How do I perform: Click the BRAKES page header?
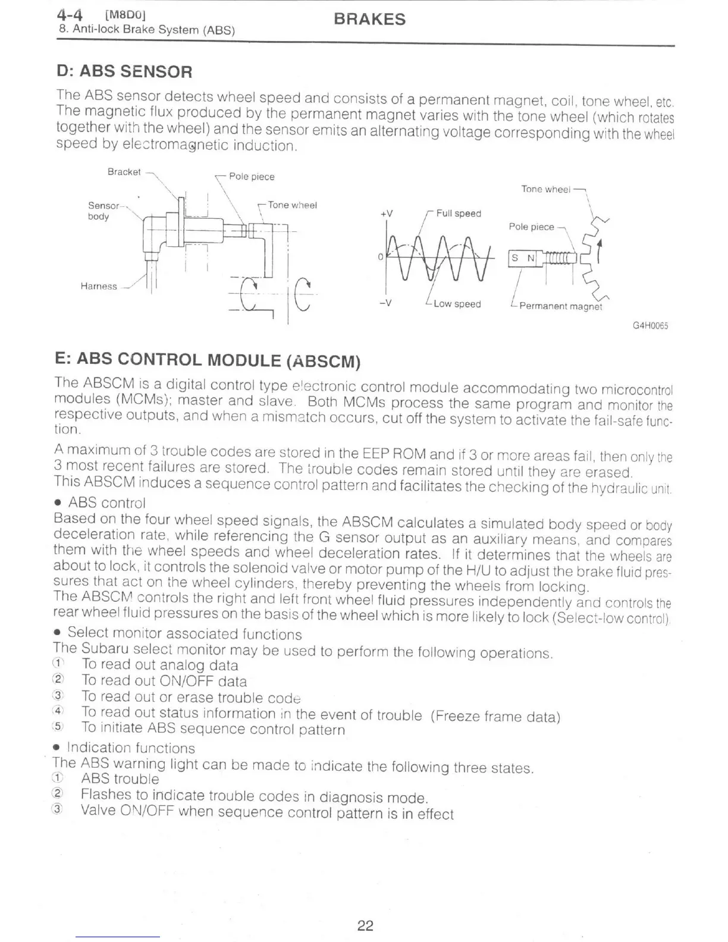tap(369, 19)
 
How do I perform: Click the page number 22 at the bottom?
tap(365, 925)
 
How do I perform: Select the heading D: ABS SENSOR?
tap(124, 72)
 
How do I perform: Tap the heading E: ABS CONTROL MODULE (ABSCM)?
tap(208, 360)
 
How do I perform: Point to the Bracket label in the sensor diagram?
tap(124, 172)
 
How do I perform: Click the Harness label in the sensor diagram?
tap(99, 286)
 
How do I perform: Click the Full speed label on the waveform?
tap(458, 213)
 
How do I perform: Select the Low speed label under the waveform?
tap(457, 304)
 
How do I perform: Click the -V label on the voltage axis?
tap(385, 303)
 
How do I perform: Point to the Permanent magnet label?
tap(560, 307)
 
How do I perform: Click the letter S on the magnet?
tap(516, 258)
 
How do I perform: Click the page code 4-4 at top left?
tap(70, 14)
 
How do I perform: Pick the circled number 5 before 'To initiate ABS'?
tap(57, 727)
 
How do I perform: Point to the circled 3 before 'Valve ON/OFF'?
tap(57, 810)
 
